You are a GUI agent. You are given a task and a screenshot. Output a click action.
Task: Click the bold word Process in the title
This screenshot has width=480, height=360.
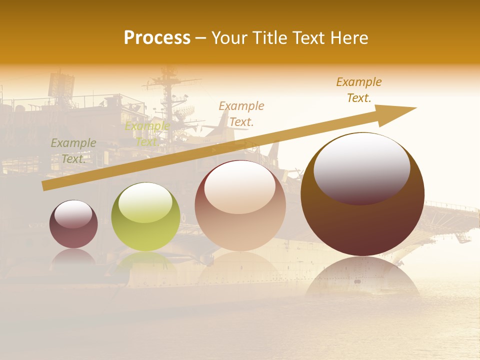(x=157, y=38)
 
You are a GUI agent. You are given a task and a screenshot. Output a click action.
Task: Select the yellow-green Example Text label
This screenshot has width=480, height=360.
(x=147, y=134)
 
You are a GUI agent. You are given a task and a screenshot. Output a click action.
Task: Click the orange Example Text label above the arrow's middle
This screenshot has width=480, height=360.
(x=241, y=113)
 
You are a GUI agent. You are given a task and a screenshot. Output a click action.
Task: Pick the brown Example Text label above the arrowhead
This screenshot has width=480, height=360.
(x=358, y=90)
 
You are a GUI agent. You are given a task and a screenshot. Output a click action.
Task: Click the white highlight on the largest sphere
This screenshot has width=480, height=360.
(x=362, y=167)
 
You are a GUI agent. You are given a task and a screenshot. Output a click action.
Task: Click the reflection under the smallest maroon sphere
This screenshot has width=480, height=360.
(x=73, y=256)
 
